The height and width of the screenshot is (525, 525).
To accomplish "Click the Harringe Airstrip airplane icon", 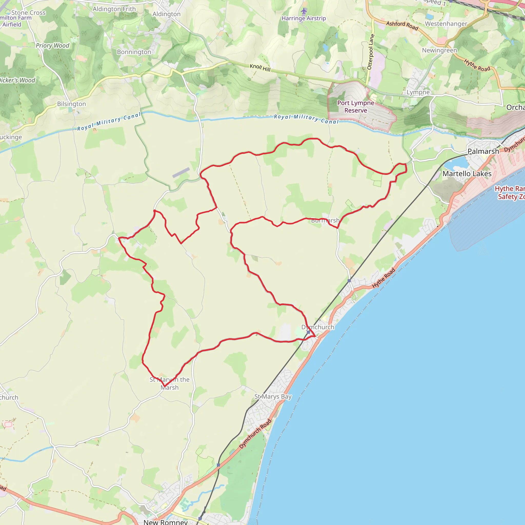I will (x=304, y=11).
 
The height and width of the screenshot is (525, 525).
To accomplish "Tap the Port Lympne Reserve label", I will (x=356, y=107).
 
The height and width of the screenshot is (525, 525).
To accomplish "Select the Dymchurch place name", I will (x=318, y=327).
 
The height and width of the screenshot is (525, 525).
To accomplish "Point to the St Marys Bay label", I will (x=273, y=397).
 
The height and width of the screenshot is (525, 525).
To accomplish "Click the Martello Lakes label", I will (x=467, y=174).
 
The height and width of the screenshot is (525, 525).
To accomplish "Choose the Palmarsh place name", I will (x=483, y=151).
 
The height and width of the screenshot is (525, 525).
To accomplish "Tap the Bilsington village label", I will (x=72, y=104).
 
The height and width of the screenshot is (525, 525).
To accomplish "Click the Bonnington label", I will (x=134, y=52).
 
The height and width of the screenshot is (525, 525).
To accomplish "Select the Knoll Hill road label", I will (x=260, y=68).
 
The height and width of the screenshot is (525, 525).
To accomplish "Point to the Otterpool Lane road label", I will (x=371, y=52).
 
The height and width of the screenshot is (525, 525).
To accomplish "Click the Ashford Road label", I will (x=402, y=26).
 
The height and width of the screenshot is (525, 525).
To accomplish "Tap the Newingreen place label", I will (x=439, y=50).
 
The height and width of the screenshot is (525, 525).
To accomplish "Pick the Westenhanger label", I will (x=446, y=24).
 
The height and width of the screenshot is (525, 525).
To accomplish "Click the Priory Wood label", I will (x=53, y=45).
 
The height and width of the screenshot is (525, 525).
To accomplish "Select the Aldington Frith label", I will (x=114, y=9).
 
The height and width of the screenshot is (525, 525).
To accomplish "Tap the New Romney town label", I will (x=166, y=522).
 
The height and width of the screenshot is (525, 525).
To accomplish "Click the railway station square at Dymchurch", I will (x=308, y=332).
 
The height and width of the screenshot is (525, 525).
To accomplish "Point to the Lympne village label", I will (x=418, y=92).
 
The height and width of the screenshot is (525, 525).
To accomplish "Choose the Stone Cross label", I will (x=28, y=13).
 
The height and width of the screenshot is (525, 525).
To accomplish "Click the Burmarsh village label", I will (x=325, y=220).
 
